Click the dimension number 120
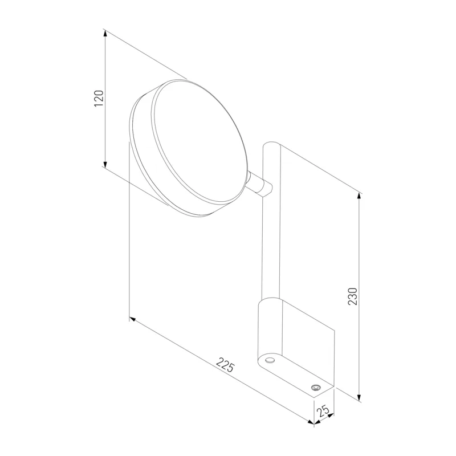click(x=99, y=98)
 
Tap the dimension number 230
click(x=353, y=296)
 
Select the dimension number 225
click(x=225, y=365)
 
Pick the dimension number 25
click(x=323, y=410)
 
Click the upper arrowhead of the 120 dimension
click(x=105, y=34)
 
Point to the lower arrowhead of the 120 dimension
click(x=105, y=165)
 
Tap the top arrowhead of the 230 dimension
click(x=360, y=196)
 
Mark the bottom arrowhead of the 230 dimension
click(x=360, y=398)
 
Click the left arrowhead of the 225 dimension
click(x=133, y=319)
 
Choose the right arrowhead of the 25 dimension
click(x=331, y=416)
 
